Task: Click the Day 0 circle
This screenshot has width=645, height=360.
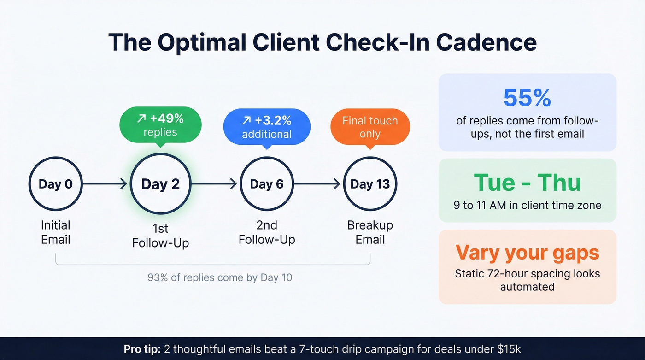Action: (56, 184)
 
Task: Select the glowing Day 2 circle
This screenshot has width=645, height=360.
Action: (160, 184)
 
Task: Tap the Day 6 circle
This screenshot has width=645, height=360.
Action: (267, 184)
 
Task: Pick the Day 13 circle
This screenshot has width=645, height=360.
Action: (370, 184)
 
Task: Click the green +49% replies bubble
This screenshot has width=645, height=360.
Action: (160, 125)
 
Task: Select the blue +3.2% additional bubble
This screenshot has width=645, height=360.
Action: (267, 127)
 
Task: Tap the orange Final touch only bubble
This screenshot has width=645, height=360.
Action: (370, 127)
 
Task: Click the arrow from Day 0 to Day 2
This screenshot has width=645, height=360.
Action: (105, 184)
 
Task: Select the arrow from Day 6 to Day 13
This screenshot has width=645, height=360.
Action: (318, 184)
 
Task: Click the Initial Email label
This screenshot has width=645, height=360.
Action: (56, 232)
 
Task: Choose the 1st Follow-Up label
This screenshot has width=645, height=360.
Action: (160, 236)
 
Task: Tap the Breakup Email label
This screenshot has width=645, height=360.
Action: (370, 232)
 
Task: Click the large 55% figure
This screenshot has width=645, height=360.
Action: (527, 98)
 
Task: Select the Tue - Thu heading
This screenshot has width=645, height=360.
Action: (527, 183)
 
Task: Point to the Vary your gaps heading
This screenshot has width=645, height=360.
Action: (527, 253)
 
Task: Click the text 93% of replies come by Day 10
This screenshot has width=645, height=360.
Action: (220, 277)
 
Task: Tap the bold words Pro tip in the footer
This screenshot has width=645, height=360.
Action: (142, 349)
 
